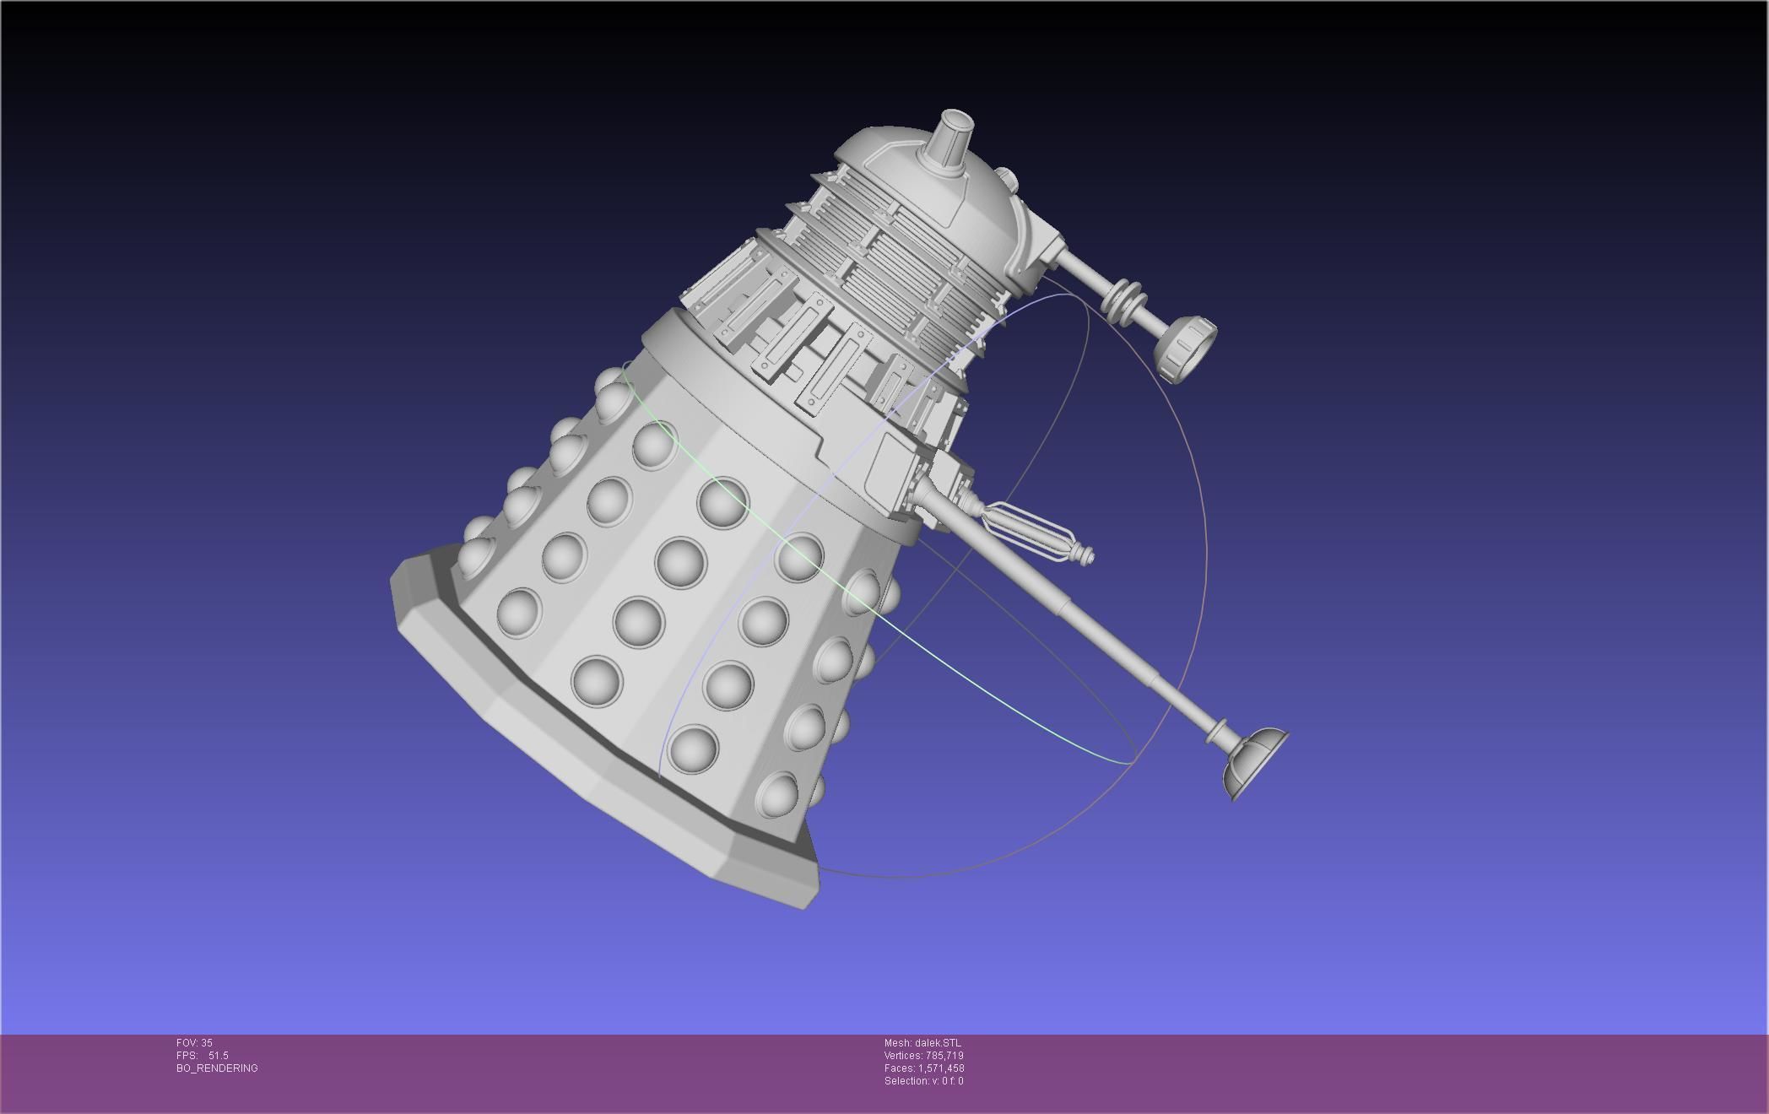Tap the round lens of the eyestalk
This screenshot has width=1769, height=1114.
[x=1186, y=349]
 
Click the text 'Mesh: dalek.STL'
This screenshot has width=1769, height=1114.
[x=922, y=1043]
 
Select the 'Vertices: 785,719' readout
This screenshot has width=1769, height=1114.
[x=923, y=1056]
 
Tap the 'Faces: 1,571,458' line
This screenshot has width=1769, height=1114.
[x=923, y=1068]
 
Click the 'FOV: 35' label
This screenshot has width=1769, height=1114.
[x=194, y=1043]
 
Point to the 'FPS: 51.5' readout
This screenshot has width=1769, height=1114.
[x=203, y=1056]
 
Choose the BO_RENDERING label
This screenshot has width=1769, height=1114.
[x=217, y=1068]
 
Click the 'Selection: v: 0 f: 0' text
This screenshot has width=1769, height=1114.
[x=923, y=1081]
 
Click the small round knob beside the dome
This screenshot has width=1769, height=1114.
[x=1006, y=179]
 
